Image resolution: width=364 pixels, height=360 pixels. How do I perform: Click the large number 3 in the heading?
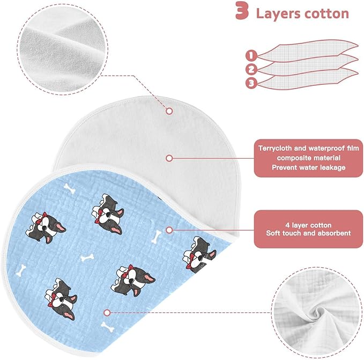242,10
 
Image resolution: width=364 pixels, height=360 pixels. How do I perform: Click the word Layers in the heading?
278,13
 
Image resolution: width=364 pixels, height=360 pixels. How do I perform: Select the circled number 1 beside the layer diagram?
251,55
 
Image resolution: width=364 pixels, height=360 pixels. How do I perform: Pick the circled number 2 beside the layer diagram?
251,69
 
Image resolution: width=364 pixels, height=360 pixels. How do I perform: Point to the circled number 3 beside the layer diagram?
251,83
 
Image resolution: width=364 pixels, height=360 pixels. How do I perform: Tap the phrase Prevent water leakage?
309,167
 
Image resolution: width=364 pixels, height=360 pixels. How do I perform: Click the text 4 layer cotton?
308,225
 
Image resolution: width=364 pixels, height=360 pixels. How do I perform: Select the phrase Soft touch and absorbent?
308,233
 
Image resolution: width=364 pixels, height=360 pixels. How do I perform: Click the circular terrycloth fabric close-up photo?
62,49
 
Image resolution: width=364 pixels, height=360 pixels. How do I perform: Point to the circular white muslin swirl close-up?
317,313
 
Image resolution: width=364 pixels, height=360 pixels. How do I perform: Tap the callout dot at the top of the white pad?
169,111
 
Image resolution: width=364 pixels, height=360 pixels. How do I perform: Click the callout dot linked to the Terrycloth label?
169,158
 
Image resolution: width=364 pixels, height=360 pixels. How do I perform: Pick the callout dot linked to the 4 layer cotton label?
169,230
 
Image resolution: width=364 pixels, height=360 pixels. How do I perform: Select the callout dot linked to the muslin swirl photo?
107,313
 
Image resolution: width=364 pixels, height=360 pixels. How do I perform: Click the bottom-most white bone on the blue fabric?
107,327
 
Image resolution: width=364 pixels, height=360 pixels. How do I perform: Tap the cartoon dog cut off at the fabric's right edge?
200,254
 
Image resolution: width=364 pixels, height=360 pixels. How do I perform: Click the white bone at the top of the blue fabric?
70,188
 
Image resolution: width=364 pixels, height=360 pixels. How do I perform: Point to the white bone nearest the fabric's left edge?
21,270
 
